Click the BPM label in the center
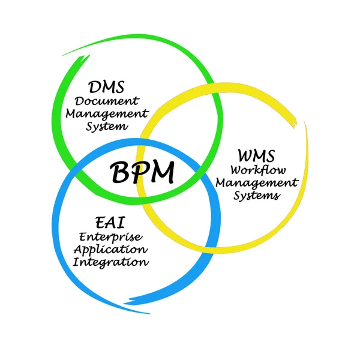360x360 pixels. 142,172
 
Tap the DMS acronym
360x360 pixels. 106,87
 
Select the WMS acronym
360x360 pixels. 256,155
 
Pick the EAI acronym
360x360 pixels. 110,222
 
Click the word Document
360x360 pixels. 107,101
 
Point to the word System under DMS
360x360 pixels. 107,127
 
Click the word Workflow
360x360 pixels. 258,170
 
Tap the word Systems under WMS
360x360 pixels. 257,196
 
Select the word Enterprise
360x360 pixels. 110,237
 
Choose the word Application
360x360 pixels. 110,250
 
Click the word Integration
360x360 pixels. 111,262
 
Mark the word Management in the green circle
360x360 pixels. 107,114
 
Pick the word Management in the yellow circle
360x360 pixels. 257,183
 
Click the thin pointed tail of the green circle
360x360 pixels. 62,56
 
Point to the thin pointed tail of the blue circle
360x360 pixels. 149,313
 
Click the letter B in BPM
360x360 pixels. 119,173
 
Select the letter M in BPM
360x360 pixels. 161,172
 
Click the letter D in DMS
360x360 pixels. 95,87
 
